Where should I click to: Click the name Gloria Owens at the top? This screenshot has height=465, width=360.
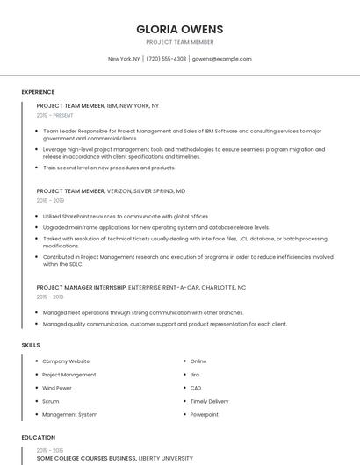pyautogui.click(x=179, y=29)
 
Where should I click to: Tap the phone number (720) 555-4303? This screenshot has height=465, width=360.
pyautogui.click(x=166, y=59)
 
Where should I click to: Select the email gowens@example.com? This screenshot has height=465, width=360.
pyautogui.click(x=221, y=59)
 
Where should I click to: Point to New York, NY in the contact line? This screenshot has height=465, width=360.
pyautogui.click(x=124, y=59)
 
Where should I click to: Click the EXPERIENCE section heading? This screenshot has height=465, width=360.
pyautogui.click(x=38, y=92)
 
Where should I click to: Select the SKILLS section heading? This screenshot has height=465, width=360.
pyautogui.click(x=31, y=345)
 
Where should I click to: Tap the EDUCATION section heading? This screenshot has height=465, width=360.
pyautogui.click(x=39, y=437)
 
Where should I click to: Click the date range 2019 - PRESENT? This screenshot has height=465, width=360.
pyautogui.click(x=54, y=115)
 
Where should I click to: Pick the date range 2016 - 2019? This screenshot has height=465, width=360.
pyautogui.click(x=50, y=200)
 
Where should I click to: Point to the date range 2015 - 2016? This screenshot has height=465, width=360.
pyautogui.click(x=50, y=297)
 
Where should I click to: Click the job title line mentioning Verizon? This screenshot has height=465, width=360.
pyautogui.click(x=111, y=190)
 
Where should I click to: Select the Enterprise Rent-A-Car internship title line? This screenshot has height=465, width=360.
pyautogui.click(x=140, y=287)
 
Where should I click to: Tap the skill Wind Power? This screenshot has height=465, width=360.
pyautogui.click(x=57, y=388)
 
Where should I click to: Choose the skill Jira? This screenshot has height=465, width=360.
pyautogui.click(x=195, y=375)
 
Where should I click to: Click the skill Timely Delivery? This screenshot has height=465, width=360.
pyautogui.click(x=209, y=401)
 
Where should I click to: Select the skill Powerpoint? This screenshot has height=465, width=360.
pyautogui.click(x=205, y=414)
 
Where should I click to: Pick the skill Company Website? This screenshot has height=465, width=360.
pyautogui.click(x=66, y=361)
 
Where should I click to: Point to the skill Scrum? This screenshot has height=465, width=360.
pyautogui.click(x=51, y=401)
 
